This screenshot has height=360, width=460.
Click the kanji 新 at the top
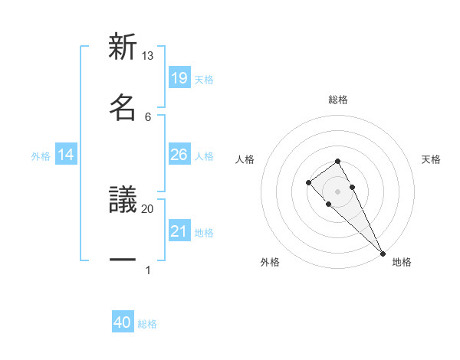pyautogui.click(x=123, y=47)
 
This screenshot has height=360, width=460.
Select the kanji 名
pyautogui.click(x=123, y=108)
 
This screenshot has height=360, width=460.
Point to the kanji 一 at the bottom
pyautogui.click(x=123, y=260)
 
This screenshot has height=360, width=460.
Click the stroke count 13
pyautogui.click(x=148, y=56)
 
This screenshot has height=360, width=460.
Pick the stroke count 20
pyautogui.click(x=148, y=208)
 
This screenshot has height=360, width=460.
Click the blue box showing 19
pyautogui.click(x=179, y=78)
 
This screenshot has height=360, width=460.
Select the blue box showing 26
pyautogui.click(x=179, y=155)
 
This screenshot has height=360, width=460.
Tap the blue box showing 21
pyautogui.click(x=179, y=231)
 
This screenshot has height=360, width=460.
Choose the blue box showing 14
pyautogui.click(x=66, y=155)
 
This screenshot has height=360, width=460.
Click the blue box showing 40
pyautogui.click(x=123, y=323)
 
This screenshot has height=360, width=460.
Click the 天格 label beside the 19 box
pyautogui.click(x=204, y=79)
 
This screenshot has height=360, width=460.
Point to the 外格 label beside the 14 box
pyautogui.click(x=41, y=156)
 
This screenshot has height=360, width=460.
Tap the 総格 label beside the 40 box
pyautogui.click(x=147, y=324)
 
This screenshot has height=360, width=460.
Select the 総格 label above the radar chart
pyautogui.click(x=338, y=100)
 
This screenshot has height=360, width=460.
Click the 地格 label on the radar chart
pyautogui.click(x=402, y=262)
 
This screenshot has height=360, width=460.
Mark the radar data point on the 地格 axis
pyautogui.click(x=383, y=253)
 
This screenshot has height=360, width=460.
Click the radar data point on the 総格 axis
pyautogui.click(x=337, y=161)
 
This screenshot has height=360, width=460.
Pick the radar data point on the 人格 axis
pyautogui.click(x=308, y=182)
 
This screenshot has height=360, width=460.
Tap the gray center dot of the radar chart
pyautogui.click(x=337, y=191)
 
